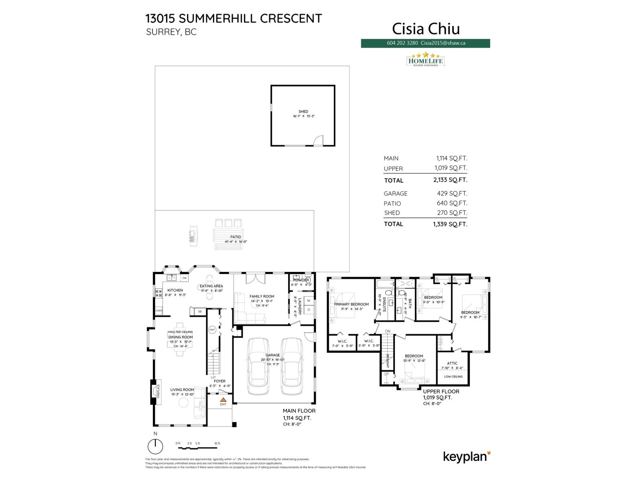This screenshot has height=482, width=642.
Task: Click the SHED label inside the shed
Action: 303,112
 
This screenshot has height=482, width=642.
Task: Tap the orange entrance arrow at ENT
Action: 223,400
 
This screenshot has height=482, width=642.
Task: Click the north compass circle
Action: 155,446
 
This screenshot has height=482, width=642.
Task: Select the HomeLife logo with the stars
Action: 425,59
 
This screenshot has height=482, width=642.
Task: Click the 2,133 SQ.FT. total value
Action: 450,180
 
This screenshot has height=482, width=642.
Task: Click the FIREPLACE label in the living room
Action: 158,391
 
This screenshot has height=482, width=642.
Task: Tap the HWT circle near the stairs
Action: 212,330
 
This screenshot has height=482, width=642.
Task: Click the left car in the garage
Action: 258,366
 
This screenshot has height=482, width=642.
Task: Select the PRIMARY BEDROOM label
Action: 351,304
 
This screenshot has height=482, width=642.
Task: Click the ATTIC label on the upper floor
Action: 452,363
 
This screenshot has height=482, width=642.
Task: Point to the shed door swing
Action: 318,140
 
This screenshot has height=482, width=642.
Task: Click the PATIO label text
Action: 236,237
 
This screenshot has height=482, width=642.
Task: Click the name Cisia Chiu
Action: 426,29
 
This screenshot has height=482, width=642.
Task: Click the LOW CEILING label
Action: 453,376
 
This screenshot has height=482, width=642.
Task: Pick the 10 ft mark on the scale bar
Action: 217,443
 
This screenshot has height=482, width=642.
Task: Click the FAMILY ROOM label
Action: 262,296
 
